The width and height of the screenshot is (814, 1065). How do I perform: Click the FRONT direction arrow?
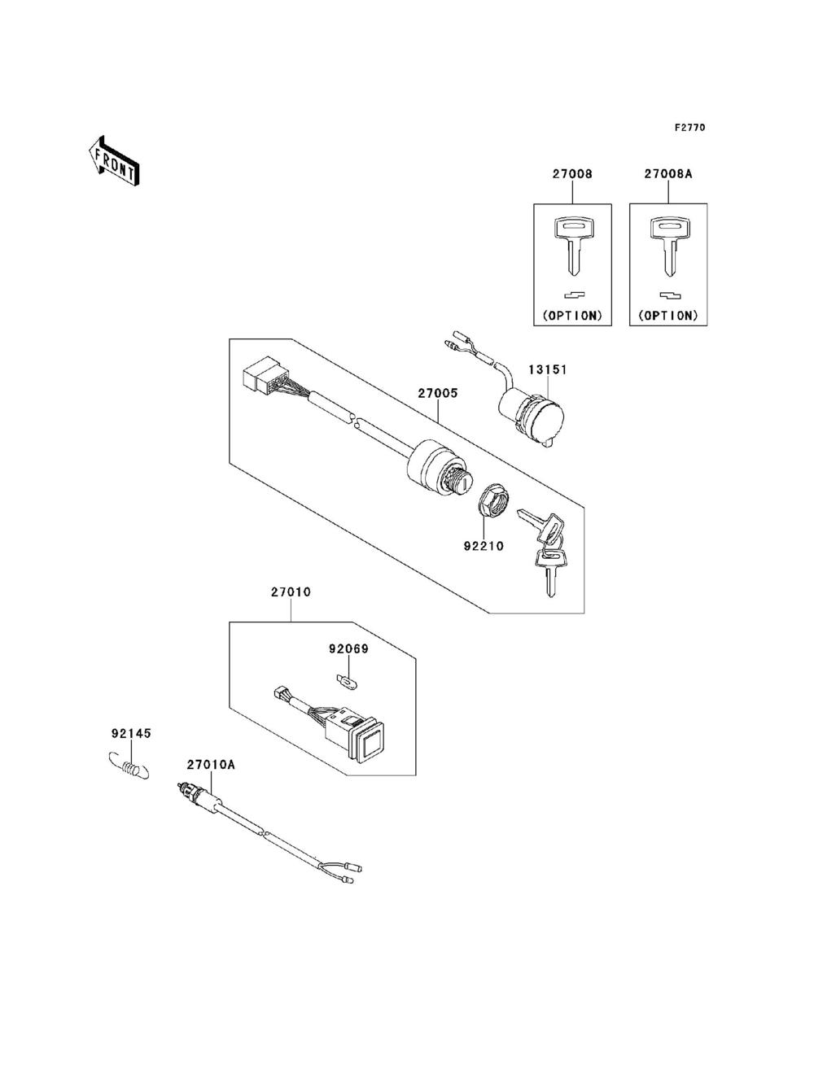click(113, 160)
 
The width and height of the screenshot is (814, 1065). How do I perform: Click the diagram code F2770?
click(689, 128)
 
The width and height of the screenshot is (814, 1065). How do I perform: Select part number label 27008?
click(571, 174)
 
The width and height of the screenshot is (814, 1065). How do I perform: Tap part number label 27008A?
click(668, 174)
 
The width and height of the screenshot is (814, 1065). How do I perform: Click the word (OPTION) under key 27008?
click(571, 314)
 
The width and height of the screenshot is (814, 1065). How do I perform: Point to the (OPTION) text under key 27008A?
click(668, 314)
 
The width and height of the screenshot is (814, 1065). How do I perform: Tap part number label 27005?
click(438, 393)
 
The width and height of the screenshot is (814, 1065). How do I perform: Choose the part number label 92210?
click(484, 546)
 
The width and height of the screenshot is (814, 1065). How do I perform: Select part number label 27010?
click(291, 592)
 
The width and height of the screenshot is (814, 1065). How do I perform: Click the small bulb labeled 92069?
click(344, 677)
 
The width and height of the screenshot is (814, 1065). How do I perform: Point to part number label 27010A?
click(211, 765)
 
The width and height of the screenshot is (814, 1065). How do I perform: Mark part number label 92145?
click(130, 733)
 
